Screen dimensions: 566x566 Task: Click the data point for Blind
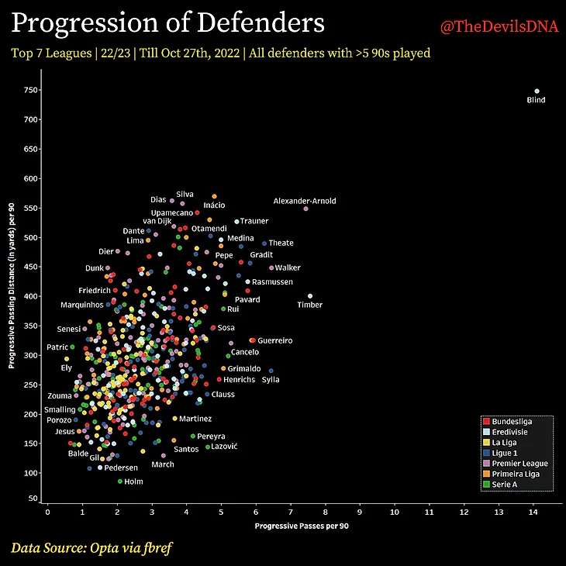[x=537, y=91]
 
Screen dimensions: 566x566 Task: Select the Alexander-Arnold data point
[x=306, y=209]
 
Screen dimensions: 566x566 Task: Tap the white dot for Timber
[x=310, y=295]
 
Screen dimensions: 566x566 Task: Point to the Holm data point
[x=120, y=481]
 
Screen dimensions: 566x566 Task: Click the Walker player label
[x=288, y=268]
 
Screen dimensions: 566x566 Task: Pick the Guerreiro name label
[x=274, y=340]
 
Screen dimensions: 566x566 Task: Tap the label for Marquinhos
[x=82, y=305]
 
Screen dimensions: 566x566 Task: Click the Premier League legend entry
[x=519, y=464]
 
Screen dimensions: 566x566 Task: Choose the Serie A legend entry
[x=505, y=484]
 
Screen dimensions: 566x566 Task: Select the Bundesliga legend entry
[x=510, y=421]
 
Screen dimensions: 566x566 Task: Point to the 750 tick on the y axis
[x=31, y=90]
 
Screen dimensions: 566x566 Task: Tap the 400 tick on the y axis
[x=31, y=296]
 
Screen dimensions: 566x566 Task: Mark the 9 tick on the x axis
[x=360, y=512]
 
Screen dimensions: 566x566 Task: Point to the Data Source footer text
[x=91, y=548]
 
